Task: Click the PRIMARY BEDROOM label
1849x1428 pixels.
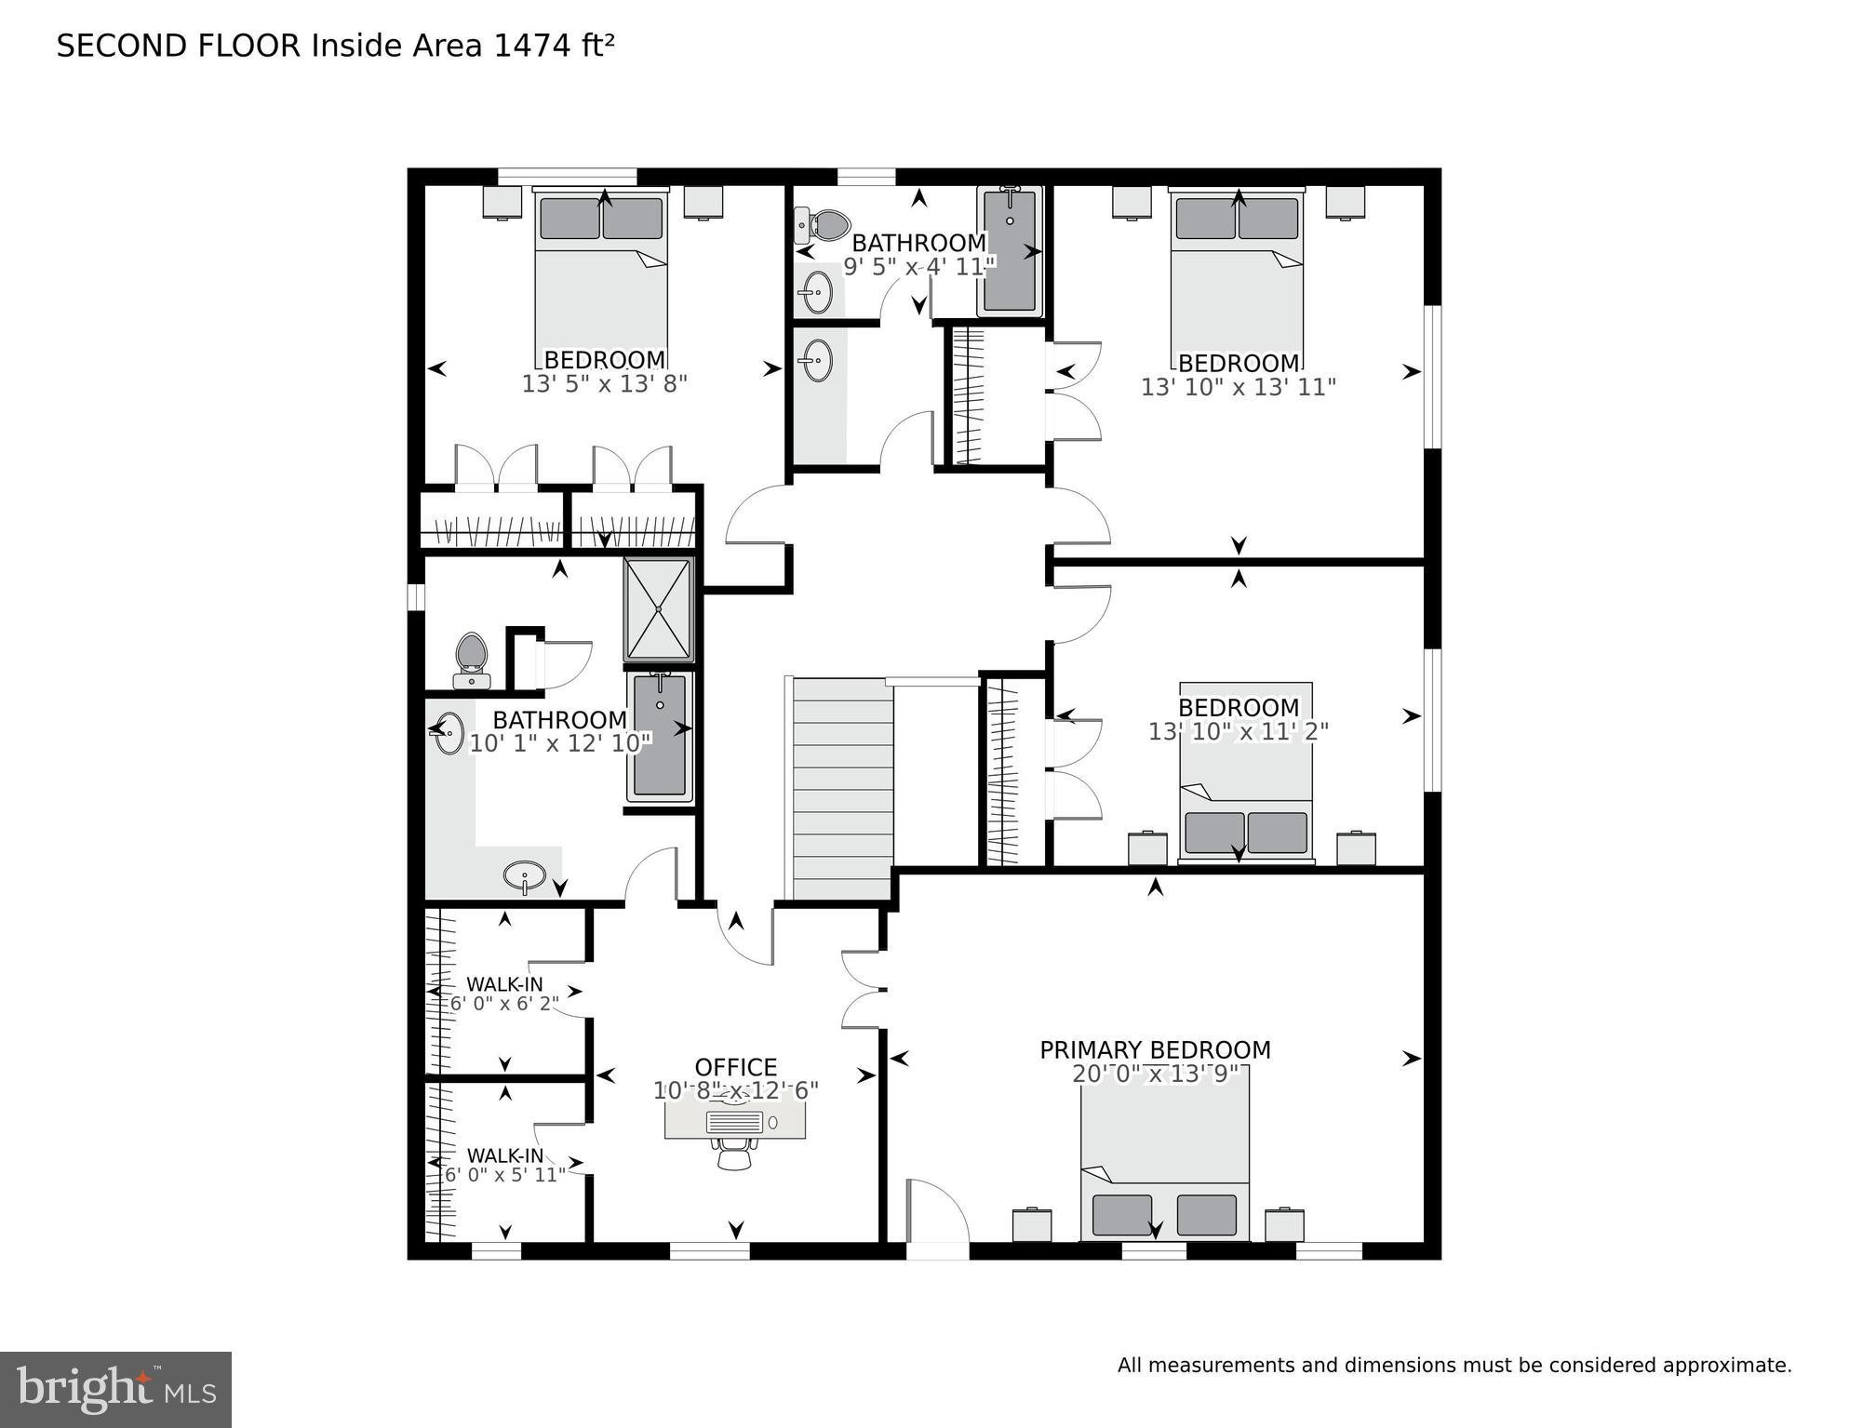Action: click(x=1155, y=1050)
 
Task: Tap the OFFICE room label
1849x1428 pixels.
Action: click(x=735, y=1067)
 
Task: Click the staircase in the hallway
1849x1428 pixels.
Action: click(x=842, y=789)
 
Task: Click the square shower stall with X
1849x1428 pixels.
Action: click(x=659, y=609)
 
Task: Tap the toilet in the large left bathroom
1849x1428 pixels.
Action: click(x=472, y=658)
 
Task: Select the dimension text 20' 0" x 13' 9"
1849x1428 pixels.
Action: click(x=1155, y=1074)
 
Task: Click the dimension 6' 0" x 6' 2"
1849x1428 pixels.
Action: click(x=504, y=1004)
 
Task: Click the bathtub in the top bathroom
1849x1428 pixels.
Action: click(x=1010, y=251)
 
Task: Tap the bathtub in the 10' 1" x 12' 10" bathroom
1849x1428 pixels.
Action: click(x=660, y=736)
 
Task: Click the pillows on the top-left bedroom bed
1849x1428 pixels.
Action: click(x=601, y=219)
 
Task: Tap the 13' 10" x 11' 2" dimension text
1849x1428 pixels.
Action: click(x=1238, y=732)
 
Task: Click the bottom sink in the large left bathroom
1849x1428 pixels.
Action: click(x=525, y=874)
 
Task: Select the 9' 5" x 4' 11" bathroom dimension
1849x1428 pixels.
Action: click(x=918, y=267)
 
